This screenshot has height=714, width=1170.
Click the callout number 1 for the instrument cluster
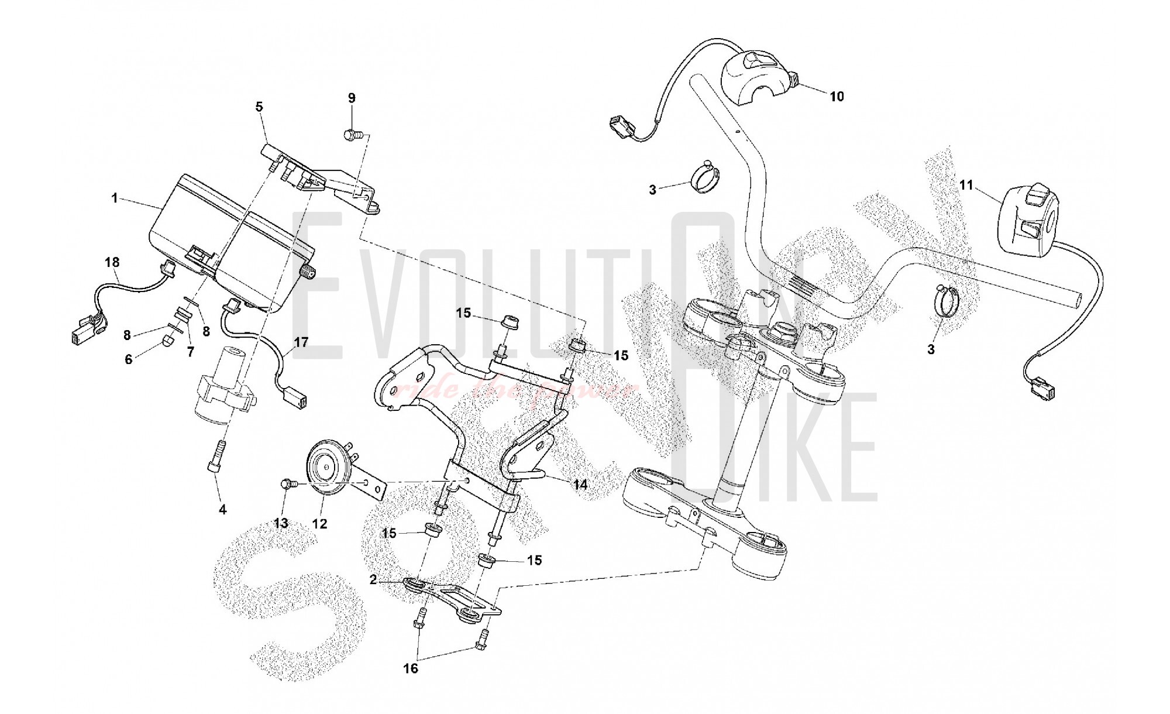[115, 198]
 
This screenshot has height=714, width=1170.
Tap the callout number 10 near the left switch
[837, 97]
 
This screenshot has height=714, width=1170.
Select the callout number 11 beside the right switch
[966, 186]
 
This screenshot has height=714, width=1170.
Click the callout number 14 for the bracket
[580, 485]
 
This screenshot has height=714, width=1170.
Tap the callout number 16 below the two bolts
[411, 668]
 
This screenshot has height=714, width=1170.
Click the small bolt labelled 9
[350, 135]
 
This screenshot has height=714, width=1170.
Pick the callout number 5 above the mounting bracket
[259, 107]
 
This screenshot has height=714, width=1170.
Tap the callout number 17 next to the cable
[301, 342]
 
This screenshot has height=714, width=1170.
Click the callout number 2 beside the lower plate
[373, 580]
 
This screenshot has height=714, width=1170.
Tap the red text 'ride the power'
[515, 391]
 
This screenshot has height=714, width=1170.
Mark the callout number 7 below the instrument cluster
[190, 351]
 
